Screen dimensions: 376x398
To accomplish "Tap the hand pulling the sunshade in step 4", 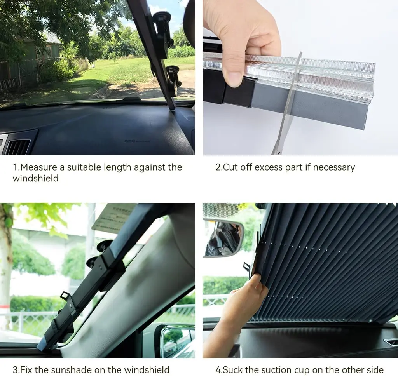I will (x=241, y=307).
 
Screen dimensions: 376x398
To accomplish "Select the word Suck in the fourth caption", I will (x=234, y=369).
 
